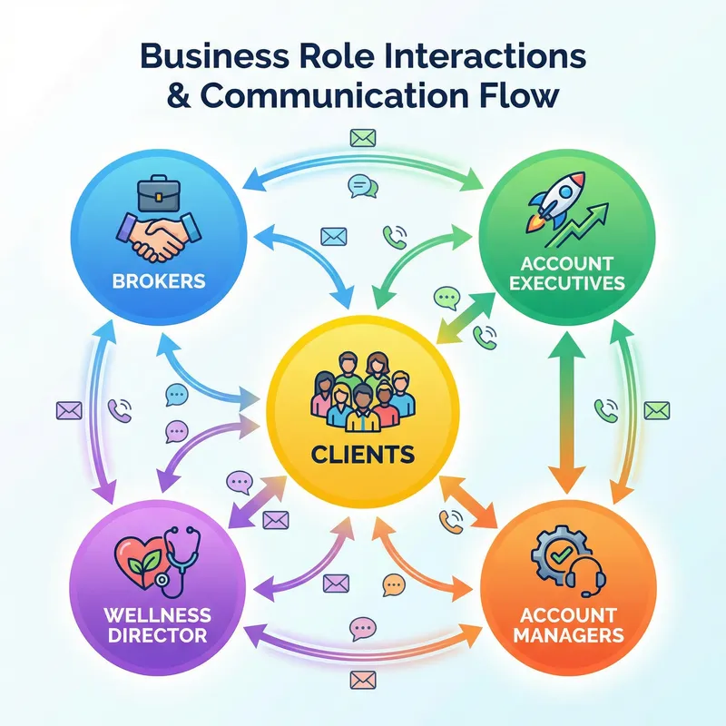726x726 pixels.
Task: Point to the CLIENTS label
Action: (x=362, y=451)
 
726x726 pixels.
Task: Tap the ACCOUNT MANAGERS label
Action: (x=567, y=624)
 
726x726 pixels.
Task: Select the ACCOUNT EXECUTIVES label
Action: (x=567, y=272)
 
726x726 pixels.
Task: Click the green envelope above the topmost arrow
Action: (x=362, y=139)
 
